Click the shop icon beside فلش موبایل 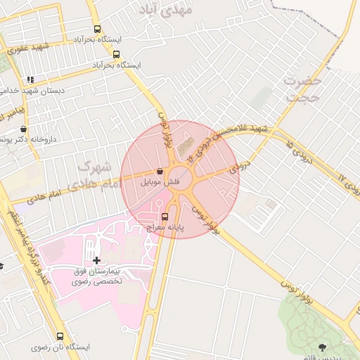tap(161, 171)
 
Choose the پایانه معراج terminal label tap(165, 227)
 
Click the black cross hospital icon tap(96, 260)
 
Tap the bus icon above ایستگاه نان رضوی tap(60, 336)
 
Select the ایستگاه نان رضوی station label tap(60, 347)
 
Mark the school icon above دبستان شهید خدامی tap(29, 79)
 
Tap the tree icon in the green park tap(323, 347)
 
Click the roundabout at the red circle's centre tap(180, 179)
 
